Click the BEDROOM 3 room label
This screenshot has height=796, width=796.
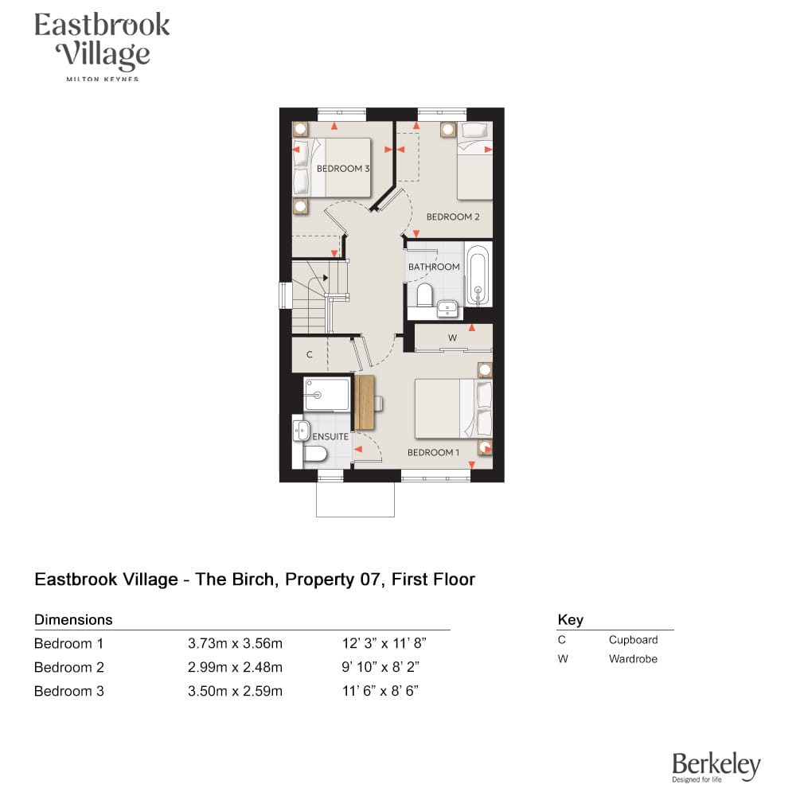[x=343, y=169]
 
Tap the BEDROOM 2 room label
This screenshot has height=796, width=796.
[x=453, y=217]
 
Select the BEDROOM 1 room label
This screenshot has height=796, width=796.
[x=433, y=452]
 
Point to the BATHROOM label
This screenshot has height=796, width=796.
[x=434, y=267]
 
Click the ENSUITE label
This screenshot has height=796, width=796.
[x=330, y=436]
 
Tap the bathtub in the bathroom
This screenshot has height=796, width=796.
[x=478, y=275]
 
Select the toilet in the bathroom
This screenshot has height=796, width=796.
[x=424, y=295]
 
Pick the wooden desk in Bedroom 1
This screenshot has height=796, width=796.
[x=364, y=403]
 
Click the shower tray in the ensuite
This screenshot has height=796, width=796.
[x=326, y=394]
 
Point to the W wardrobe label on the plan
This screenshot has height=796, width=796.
[x=452, y=338]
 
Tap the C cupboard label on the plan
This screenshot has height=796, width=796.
[x=309, y=354]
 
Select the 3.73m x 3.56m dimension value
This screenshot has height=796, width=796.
[x=235, y=643]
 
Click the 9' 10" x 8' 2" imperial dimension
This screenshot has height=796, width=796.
[x=380, y=667]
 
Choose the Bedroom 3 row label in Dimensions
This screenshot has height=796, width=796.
[x=69, y=691]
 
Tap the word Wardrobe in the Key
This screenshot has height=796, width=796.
[x=633, y=659]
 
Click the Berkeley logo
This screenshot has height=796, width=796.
[x=716, y=767]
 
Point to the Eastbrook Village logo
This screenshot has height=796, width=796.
[x=102, y=45]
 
